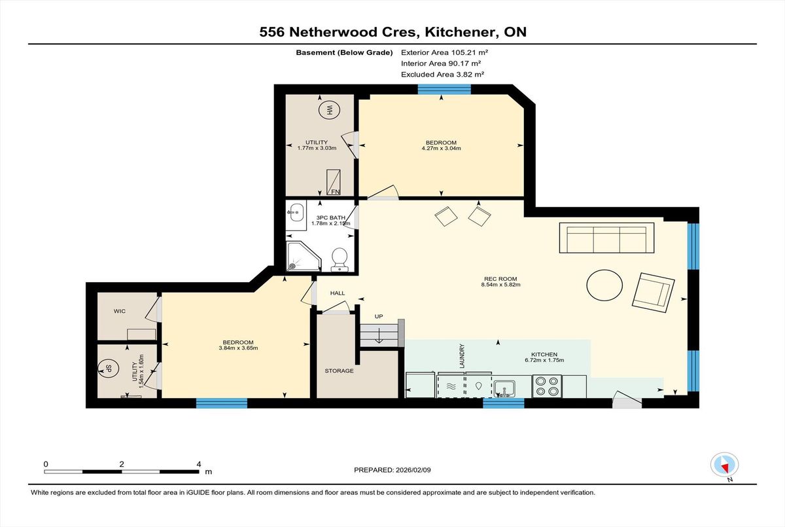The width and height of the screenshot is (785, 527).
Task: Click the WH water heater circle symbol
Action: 329,110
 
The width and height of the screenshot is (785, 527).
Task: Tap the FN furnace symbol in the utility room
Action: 333,183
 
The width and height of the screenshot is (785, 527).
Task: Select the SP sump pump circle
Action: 108,369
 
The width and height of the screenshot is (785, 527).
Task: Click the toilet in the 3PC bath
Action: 340,259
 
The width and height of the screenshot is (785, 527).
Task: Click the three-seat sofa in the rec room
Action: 606,238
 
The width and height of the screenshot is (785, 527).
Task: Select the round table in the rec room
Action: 604,285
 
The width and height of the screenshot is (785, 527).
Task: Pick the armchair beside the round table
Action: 654,293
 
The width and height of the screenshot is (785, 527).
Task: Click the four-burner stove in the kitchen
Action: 547,386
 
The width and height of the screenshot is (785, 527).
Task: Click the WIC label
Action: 120,311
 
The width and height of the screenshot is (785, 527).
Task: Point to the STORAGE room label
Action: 339,371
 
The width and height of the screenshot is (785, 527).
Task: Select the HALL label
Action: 338,293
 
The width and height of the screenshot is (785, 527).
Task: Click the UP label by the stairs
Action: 379,316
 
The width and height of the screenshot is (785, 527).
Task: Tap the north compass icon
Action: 724,465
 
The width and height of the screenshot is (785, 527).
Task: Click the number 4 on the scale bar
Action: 199,464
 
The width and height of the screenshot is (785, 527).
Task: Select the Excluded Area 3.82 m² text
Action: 443,75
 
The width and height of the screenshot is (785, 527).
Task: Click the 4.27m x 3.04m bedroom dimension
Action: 441,149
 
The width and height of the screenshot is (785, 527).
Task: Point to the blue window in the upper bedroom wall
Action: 444,90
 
